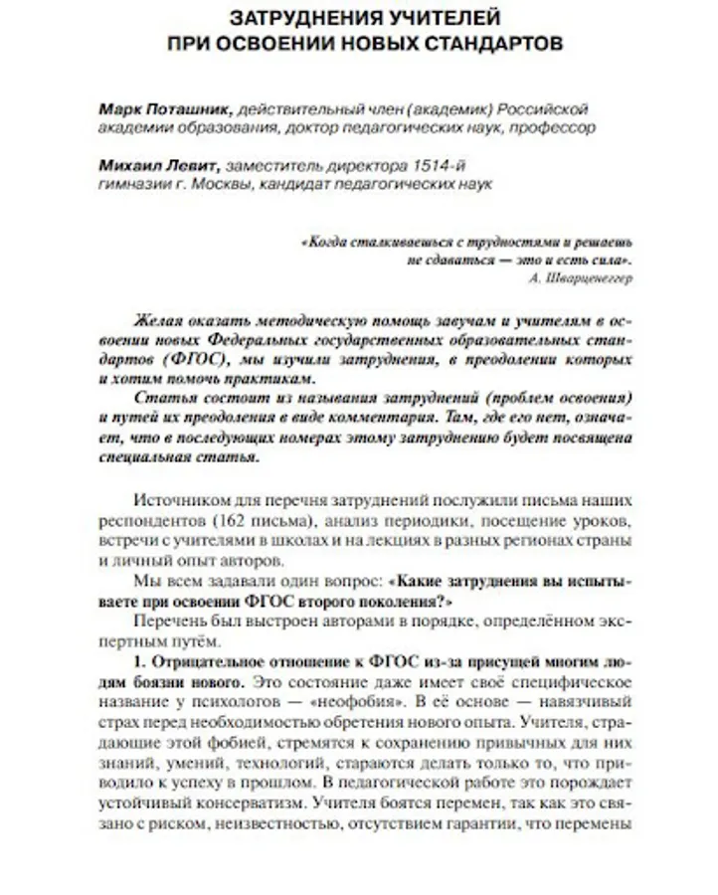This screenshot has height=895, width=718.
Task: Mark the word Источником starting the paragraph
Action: tap(178, 500)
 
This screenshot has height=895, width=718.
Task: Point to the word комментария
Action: tap(466, 418)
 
